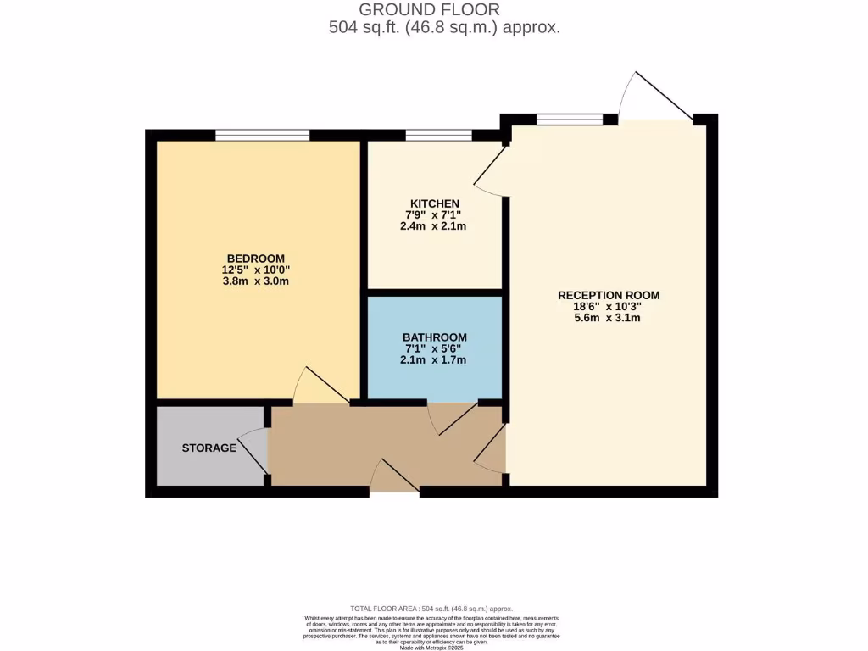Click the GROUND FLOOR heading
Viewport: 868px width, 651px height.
pyautogui.click(x=429, y=10)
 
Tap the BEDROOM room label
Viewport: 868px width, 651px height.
pyautogui.click(x=255, y=259)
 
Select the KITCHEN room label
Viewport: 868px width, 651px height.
pyautogui.click(x=434, y=203)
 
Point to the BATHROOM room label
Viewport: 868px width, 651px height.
pyautogui.click(x=434, y=337)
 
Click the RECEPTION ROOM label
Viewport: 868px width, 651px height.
pyautogui.click(x=608, y=295)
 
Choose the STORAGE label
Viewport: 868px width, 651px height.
pyautogui.click(x=209, y=448)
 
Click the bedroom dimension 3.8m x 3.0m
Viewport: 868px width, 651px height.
pyautogui.click(x=255, y=281)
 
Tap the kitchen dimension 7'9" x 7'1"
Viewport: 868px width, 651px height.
pyautogui.click(x=434, y=215)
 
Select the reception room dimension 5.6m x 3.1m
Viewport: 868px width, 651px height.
pyautogui.click(x=608, y=318)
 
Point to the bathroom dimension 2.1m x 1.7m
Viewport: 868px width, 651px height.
pyautogui.click(x=434, y=359)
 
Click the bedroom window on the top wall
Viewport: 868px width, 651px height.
pyautogui.click(x=262, y=135)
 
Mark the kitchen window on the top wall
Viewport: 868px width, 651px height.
pyautogui.click(x=438, y=135)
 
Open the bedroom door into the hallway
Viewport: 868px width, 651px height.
pyautogui.click(x=320, y=387)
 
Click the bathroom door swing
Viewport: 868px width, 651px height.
pyautogui.click(x=453, y=417)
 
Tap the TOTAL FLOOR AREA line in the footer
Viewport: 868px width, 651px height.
pyautogui.click(x=431, y=609)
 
